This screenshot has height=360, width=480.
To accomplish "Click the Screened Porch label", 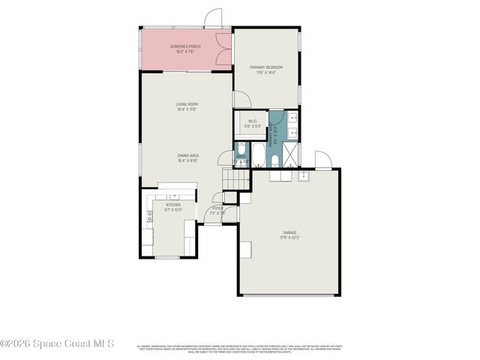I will point(185,49).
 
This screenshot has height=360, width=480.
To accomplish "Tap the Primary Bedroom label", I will point(265,70).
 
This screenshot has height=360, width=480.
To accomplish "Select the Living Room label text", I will point(187,106).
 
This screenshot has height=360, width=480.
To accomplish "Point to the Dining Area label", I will point(187,158).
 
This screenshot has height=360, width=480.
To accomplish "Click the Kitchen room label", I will point(173,206).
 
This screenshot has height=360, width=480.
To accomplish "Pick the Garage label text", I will point(289,235).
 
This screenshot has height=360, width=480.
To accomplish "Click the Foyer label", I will point(217,211).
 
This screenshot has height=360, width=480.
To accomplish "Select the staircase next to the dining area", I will point(235,180).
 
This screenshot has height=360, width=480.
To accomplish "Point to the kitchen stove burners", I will point(148,217).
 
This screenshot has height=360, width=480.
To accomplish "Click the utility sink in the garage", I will point(303,176).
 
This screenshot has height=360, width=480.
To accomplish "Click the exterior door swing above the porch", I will point(214,18).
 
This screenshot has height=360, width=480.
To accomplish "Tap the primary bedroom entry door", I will point(242,100).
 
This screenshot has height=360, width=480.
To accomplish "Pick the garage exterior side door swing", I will point(322,160).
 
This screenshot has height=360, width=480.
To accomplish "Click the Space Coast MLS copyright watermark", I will point(57,344).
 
